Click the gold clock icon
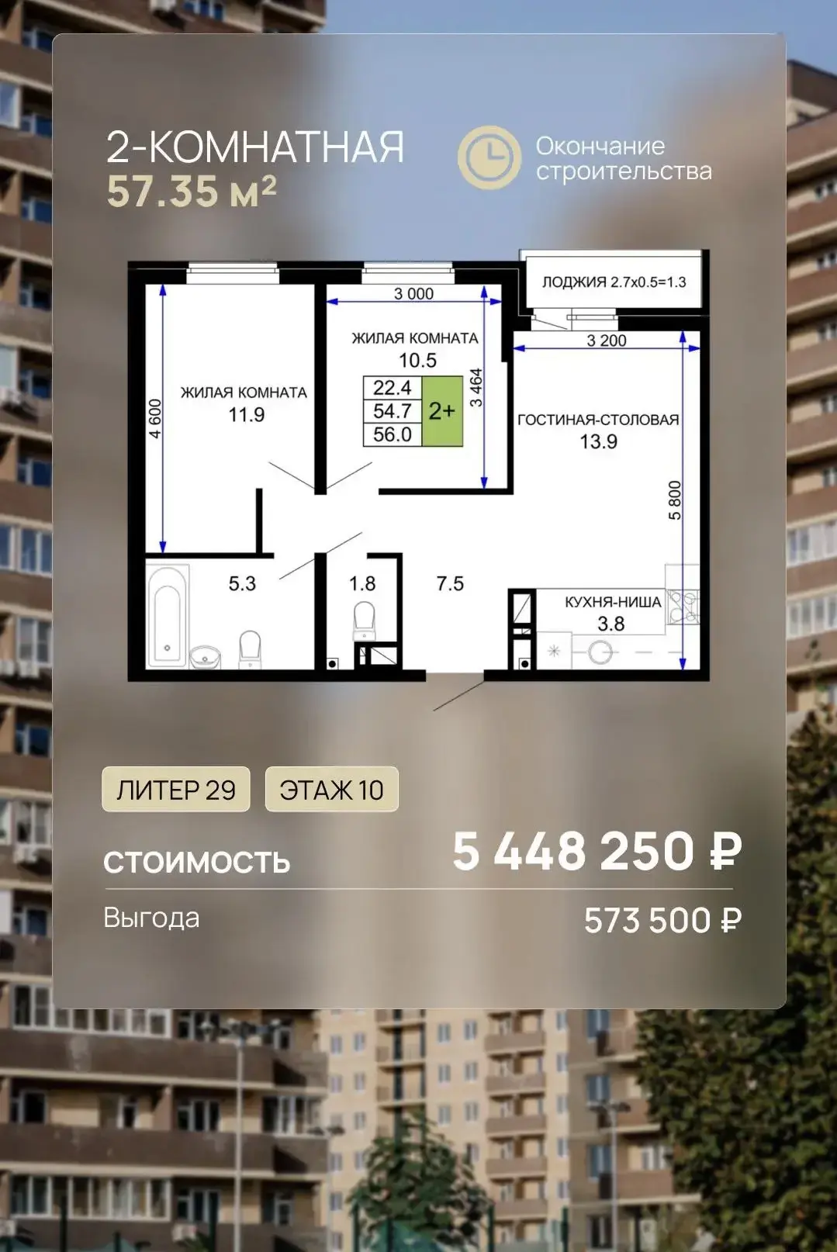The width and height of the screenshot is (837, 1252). click(489, 157)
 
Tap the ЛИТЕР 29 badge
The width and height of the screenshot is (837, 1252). click(175, 789)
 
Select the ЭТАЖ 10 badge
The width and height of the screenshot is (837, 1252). click(331, 789)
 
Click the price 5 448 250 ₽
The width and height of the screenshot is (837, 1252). click(597, 851)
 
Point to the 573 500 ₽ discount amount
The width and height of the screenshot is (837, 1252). click(662, 921)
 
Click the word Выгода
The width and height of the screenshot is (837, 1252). click(151, 918)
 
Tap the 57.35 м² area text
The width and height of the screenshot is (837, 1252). click(192, 191)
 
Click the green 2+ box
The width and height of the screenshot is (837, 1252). click(441, 411)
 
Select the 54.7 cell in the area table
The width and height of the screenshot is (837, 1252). click(392, 411)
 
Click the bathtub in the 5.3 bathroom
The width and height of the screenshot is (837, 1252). click(167, 617)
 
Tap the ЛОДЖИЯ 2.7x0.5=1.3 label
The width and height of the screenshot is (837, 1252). click(614, 282)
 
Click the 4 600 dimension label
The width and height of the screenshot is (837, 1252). click(155, 419)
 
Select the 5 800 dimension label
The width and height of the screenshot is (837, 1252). click(675, 500)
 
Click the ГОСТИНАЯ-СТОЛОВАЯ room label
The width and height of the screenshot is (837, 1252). click(598, 420)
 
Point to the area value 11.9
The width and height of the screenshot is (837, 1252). click(246, 415)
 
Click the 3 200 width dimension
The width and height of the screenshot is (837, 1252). click(606, 341)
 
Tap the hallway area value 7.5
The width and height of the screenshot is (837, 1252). click(450, 583)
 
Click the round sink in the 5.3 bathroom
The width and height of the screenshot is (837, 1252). click(205, 657)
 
